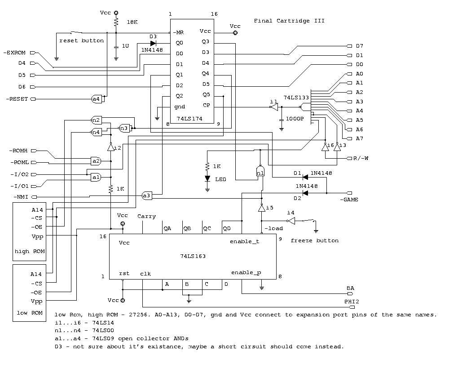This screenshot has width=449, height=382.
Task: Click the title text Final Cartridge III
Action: click(x=289, y=21)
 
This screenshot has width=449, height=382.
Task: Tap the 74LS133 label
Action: click(x=295, y=97)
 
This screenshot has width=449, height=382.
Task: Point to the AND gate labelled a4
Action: click(x=96, y=99)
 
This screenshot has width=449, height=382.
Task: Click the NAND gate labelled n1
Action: click(x=260, y=172)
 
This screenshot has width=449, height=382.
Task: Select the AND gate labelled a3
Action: click(x=146, y=195)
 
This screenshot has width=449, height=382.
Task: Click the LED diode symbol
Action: click(x=207, y=178)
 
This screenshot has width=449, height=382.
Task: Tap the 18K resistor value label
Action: click(x=132, y=22)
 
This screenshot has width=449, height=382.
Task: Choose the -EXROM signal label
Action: click(x=17, y=53)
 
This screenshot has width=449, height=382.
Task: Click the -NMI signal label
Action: click(x=18, y=197)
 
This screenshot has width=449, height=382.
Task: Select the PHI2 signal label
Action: click(x=352, y=301)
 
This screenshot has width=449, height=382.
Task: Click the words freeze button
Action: click(x=314, y=240)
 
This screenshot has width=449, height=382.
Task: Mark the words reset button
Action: click(x=81, y=40)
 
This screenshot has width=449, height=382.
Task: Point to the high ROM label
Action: click(x=30, y=251)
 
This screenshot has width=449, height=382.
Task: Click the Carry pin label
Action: click(x=147, y=216)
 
